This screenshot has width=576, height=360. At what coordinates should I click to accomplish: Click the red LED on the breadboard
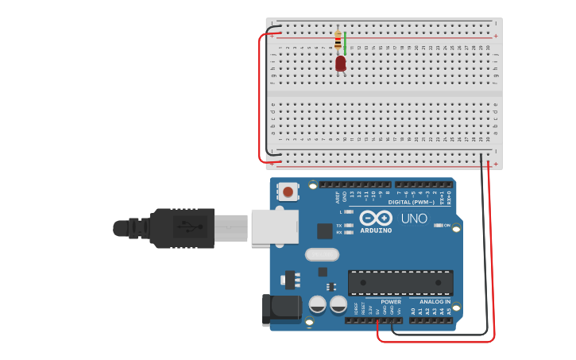click(341, 63)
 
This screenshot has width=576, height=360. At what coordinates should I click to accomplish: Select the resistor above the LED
click(338, 40)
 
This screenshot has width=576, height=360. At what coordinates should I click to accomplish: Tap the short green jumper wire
click(345, 44)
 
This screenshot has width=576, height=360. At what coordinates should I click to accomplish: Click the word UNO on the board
click(414, 219)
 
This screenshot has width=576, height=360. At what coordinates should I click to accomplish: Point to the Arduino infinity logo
click(376, 218)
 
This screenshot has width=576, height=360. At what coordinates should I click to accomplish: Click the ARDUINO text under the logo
click(376, 230)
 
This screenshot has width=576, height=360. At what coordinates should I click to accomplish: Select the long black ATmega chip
click(400, 282)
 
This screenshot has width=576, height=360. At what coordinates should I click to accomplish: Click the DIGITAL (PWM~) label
click(411, 202)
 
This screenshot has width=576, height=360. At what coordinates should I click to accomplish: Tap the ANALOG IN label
click(435, 302)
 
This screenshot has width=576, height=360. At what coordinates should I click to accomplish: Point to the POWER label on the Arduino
click(391, 302)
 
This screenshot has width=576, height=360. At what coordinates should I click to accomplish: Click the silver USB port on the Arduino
click(275, 226)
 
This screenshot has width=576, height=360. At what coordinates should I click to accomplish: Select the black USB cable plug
click(182, 228)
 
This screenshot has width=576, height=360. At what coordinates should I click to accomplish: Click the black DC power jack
click(281, 308)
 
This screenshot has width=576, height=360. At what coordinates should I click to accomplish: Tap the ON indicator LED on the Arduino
click(438, 226)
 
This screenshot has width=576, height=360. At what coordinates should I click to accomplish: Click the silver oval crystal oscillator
click(322, 254)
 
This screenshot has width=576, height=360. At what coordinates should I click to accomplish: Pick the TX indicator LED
click(349, 226)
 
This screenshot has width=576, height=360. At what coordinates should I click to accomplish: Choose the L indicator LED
click(349, 212)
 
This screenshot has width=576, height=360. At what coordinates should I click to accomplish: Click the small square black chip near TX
click(324, 230)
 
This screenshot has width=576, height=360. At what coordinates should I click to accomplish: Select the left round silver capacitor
click(318, 304)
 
